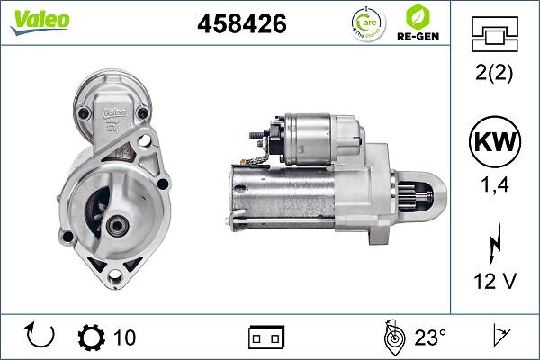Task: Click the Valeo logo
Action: tap(40, 21)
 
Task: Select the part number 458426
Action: tap(241, 24)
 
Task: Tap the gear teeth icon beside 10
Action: tap(91, 337)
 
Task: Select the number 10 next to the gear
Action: tap(125, 337)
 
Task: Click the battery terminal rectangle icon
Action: tap(266, 337)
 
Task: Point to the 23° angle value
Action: tap(430, 337)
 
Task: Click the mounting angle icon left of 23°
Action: tap(391, 337)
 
